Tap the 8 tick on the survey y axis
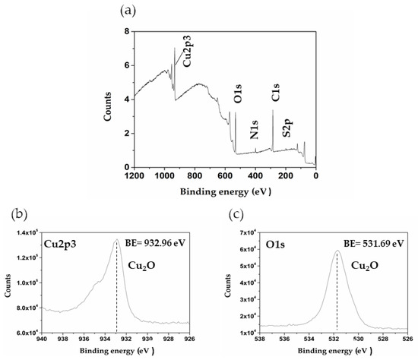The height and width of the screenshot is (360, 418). pos(127,32)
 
